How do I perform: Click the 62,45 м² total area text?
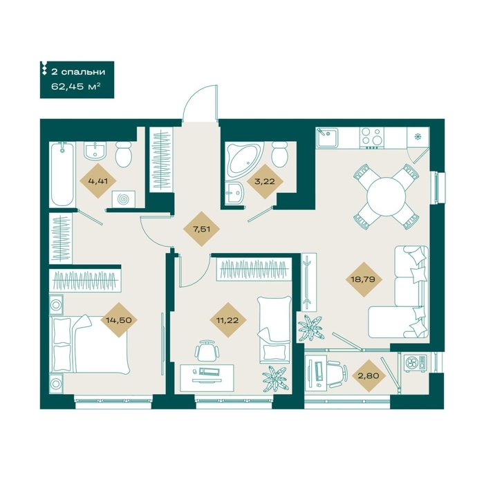click(x=76, y=86)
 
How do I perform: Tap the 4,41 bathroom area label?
click(x=98, y=181)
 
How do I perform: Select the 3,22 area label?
click(x=265, y=181)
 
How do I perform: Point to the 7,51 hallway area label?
click(x=201, y=229)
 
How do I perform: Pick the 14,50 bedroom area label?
click(x=119, y=320)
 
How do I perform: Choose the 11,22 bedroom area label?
click(x=227, y=320)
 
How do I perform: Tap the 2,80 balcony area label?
click(x=369, y=376)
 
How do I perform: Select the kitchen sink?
click(x=327, y=138)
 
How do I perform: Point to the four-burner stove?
click(x=372, y=137)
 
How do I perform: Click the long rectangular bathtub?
click(x=62, y=174)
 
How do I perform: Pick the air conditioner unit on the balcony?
click(x=415, y=363)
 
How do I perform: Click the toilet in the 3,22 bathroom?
click(x=280, y=153)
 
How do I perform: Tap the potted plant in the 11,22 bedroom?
click(x=274, y=378)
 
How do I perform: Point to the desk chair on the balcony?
click(x=337, y=375)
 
